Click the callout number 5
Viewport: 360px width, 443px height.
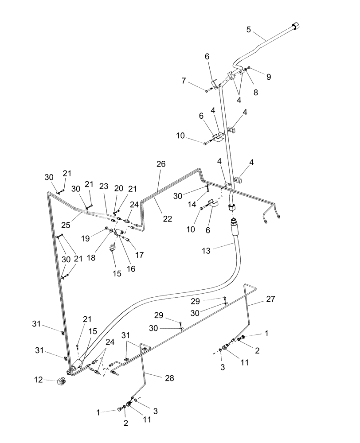click(x=248, y=30)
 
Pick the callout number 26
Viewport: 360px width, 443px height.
click(x=160, y=164)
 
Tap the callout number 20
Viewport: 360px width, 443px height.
click(x=118, y=188)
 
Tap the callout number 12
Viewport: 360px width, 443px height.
click(x=39, y=379)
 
